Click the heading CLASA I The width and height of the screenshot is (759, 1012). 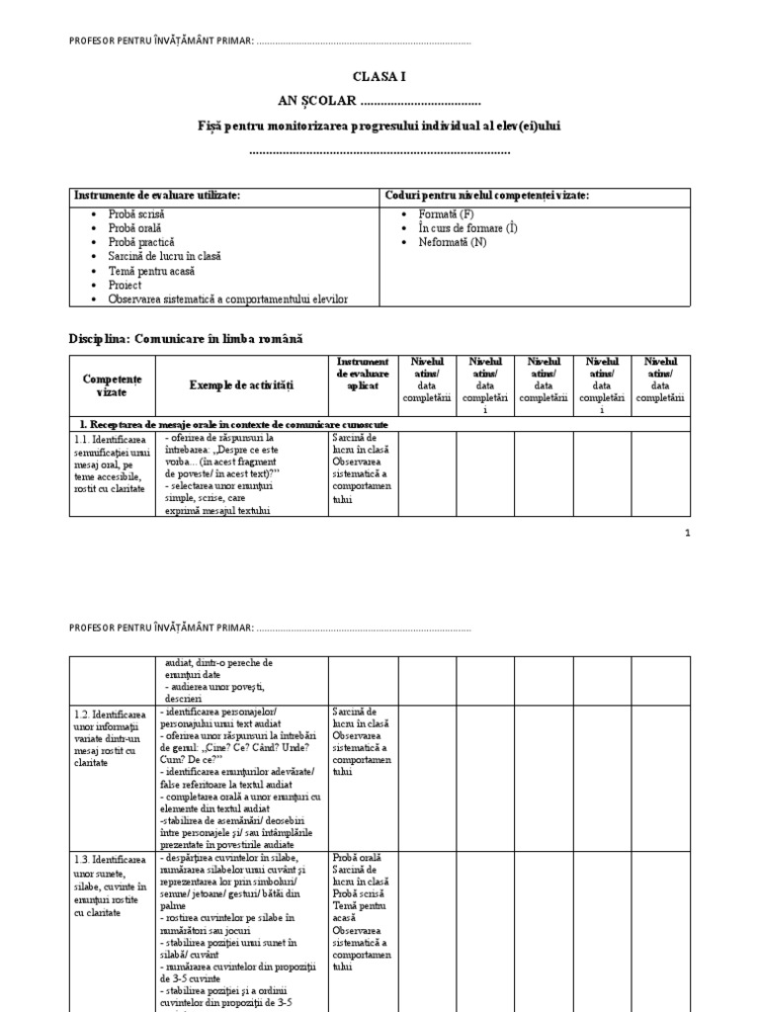click(379, 75)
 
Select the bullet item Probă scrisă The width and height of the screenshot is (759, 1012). click(136, 213)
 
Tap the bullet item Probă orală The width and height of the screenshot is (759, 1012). click(135, 227)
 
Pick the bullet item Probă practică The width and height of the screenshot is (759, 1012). click(141, 242)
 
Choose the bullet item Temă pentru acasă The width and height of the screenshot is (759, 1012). click(152, 271)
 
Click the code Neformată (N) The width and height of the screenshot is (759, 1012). click(453, 242)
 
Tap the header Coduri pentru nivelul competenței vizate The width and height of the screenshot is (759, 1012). click(486, 196)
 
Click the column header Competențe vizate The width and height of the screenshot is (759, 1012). click(113, 385)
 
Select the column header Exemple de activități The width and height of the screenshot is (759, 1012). click(242, 384)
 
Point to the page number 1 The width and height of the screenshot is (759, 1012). click(687, 533)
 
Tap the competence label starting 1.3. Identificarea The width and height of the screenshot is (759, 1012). click(110, 885)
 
